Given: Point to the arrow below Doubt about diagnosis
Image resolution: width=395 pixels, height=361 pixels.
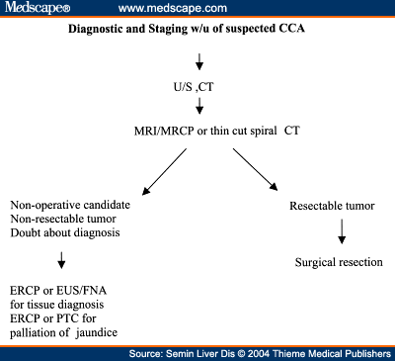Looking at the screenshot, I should (37, 259).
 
